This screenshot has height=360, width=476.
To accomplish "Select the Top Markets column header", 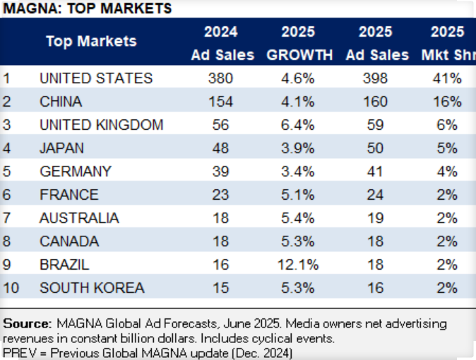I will point(91,41).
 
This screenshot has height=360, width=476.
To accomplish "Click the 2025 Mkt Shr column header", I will point(447,44).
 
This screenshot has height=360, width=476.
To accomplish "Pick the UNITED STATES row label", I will point(95,78).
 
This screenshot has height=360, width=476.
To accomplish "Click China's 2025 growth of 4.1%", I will point(297,101).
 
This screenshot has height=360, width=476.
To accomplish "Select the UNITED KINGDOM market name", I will point(101,125).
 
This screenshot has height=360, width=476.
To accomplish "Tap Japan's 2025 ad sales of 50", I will point(374,148).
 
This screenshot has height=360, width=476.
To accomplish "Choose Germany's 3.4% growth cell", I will point(297,171).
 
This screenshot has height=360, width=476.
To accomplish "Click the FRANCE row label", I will point(69,194).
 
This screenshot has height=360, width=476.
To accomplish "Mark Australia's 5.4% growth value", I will point(297,217).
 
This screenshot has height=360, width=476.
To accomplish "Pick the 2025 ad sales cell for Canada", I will point(374,241).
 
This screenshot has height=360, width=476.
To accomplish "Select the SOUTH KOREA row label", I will point(92,287).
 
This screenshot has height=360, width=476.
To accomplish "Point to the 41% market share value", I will point(446,78).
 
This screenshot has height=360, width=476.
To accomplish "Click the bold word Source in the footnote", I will point(25,323).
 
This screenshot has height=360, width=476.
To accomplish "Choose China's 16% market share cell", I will point(446,101).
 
